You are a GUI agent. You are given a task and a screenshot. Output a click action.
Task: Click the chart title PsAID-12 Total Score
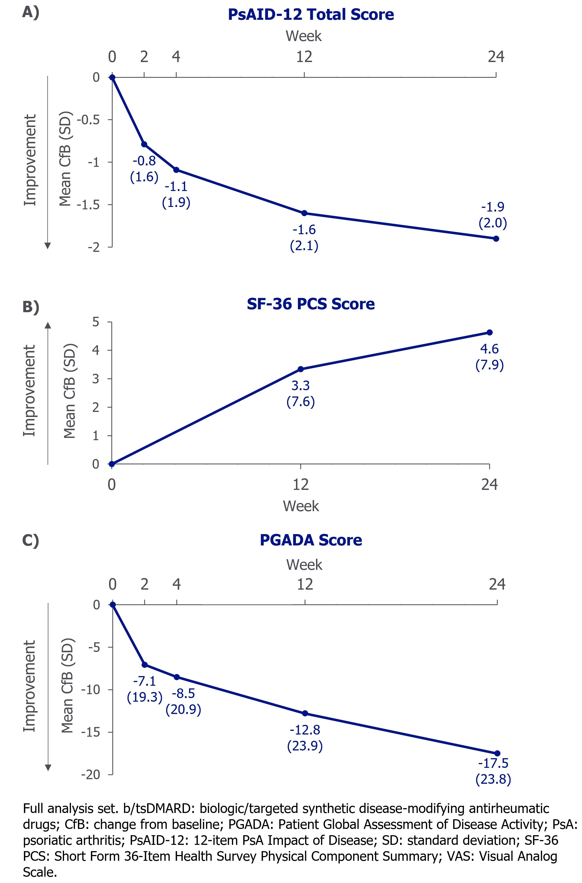pyautogui.click(x=311, y=15)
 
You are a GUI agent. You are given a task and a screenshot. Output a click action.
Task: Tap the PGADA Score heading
pyautogui.click(x=311, y=540)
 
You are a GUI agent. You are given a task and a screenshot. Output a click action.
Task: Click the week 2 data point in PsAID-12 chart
pyautogui.click(x=144, y=144)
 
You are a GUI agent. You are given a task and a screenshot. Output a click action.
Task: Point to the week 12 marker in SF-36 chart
pyautogui.click(x=301, y=369)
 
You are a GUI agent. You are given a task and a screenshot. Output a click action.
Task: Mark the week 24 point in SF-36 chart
pyautogui.click(x=489, y=332)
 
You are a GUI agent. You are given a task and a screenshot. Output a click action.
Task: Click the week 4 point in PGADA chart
pyautogui.click(x=177, y=677)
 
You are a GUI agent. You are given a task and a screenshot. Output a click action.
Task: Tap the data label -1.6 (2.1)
pyautogui.click(x=304, y=238)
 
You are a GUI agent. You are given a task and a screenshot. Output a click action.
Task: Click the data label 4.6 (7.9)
pyautogui.click(x=489, y=357)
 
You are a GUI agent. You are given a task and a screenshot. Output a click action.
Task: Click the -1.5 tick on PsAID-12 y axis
pyautogui.click(x=88, y=205)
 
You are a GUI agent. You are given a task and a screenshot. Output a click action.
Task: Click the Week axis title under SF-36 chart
pyautogui.click(x=301, y=506)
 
